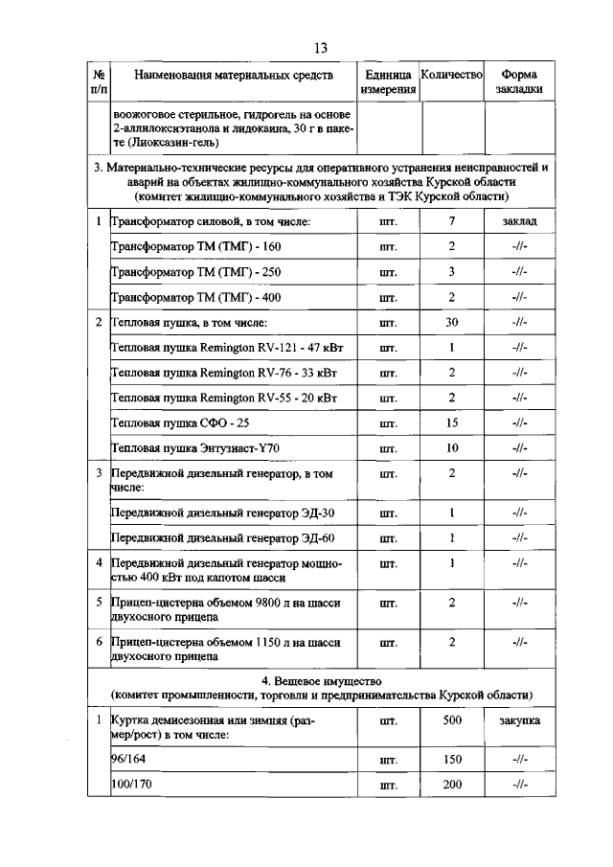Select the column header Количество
point(451,74)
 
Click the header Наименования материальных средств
point(234,75)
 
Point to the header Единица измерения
point(388,81)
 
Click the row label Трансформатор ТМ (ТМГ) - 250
point(196,272)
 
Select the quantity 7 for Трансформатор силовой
point(451,221)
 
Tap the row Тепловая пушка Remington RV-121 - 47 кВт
point(224,347)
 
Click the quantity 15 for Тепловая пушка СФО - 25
point(451,422)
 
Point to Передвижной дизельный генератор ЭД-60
point(222,537)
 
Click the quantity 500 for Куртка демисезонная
point(451,719)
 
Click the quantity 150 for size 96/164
point(451,760)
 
